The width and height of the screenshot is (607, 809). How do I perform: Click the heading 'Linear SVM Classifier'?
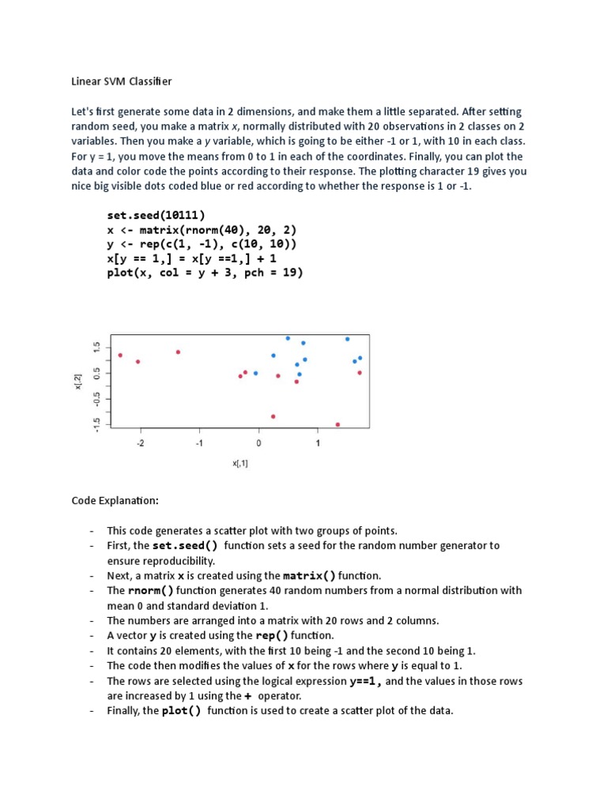[122, 81]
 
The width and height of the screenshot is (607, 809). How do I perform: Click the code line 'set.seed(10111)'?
[156, 215]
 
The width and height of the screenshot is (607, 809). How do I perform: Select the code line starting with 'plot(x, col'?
[205, 273]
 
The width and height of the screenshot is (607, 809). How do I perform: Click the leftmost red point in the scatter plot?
[120, 356]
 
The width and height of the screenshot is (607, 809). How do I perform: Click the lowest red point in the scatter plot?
[337, 425]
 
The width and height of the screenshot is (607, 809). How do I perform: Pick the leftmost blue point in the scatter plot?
[255, 374]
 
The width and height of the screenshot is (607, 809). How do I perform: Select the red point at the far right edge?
[360, 373]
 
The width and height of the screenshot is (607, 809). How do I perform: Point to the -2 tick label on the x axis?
[141, 444]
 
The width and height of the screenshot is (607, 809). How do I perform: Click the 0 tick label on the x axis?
[258, 444]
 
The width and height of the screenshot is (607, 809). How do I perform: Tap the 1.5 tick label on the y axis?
[96, 347]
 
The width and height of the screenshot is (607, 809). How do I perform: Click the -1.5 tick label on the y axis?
[96, 423]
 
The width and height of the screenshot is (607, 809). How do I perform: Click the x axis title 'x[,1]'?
[240, 464]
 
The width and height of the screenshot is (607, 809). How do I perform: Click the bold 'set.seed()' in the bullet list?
[186, 546]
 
